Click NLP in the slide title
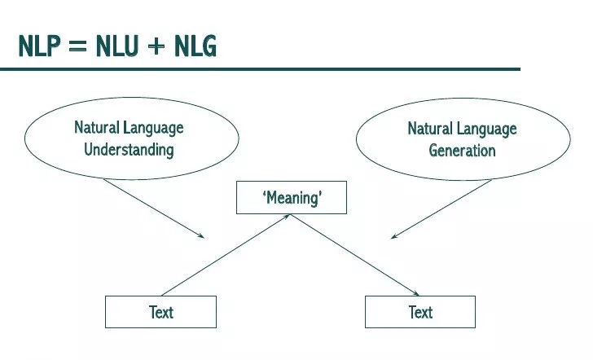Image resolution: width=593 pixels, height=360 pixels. click(41, 47)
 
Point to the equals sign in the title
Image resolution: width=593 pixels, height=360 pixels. click(77, 48)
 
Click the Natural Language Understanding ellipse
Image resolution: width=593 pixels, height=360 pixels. click(130, 138)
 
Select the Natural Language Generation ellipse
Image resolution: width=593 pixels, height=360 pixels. click(462, 138)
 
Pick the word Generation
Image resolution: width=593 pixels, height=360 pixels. click(462, 150)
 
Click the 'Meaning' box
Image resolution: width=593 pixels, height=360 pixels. click(291, 197)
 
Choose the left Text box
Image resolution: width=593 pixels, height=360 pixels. click(161, 311)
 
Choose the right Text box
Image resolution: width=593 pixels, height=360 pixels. click(420, 311)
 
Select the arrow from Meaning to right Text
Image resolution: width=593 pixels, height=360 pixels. click(356, 255)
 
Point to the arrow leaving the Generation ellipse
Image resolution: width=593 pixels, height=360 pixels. click(441, 209)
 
